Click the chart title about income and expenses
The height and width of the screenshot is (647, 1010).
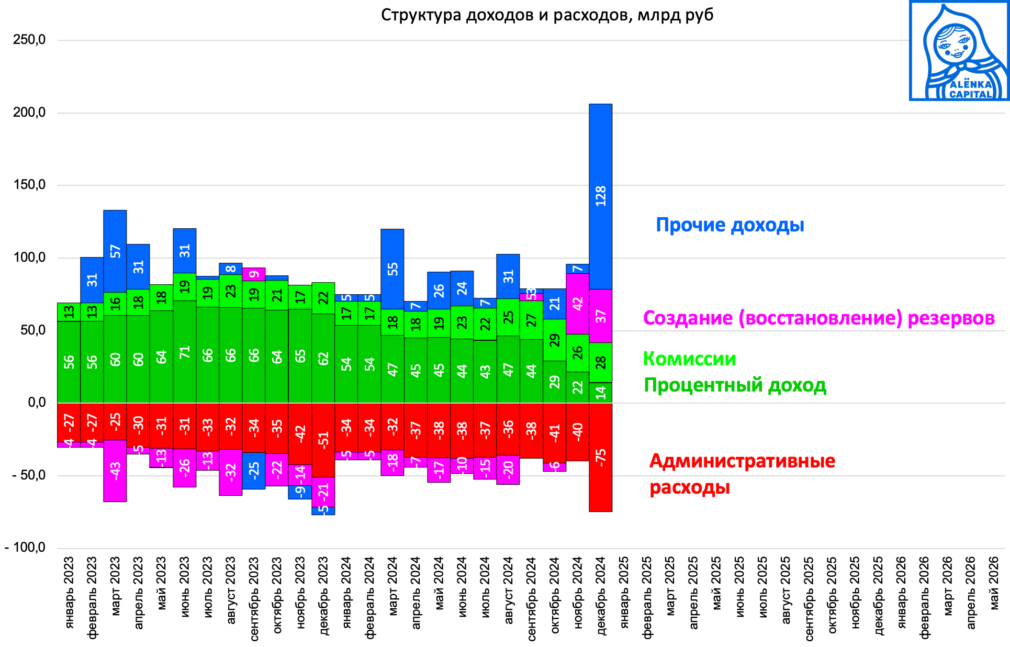pos(547,15)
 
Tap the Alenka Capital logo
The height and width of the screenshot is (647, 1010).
pos(959,51)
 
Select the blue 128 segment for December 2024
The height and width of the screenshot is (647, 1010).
pos(600,196)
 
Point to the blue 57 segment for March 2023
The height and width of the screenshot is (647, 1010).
pos(115,251)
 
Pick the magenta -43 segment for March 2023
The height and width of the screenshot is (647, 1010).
pos(115,471)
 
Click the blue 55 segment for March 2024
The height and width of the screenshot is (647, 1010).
pos(392,269)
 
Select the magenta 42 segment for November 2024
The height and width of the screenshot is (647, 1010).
pos(577,304)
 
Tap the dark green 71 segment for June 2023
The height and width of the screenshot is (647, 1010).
pos(184,352)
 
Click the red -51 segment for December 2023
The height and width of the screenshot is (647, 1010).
pos(323,440)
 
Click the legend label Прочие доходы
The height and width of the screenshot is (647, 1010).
pos(730,225)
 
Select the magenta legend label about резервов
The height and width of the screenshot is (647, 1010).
pos(818,318)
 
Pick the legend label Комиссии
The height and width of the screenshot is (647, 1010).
pos(689,359)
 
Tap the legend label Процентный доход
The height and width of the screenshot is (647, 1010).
pos(735,385)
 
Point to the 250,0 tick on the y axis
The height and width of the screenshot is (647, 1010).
pos(30,40)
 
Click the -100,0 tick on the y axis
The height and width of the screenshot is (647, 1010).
pos(26,548)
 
